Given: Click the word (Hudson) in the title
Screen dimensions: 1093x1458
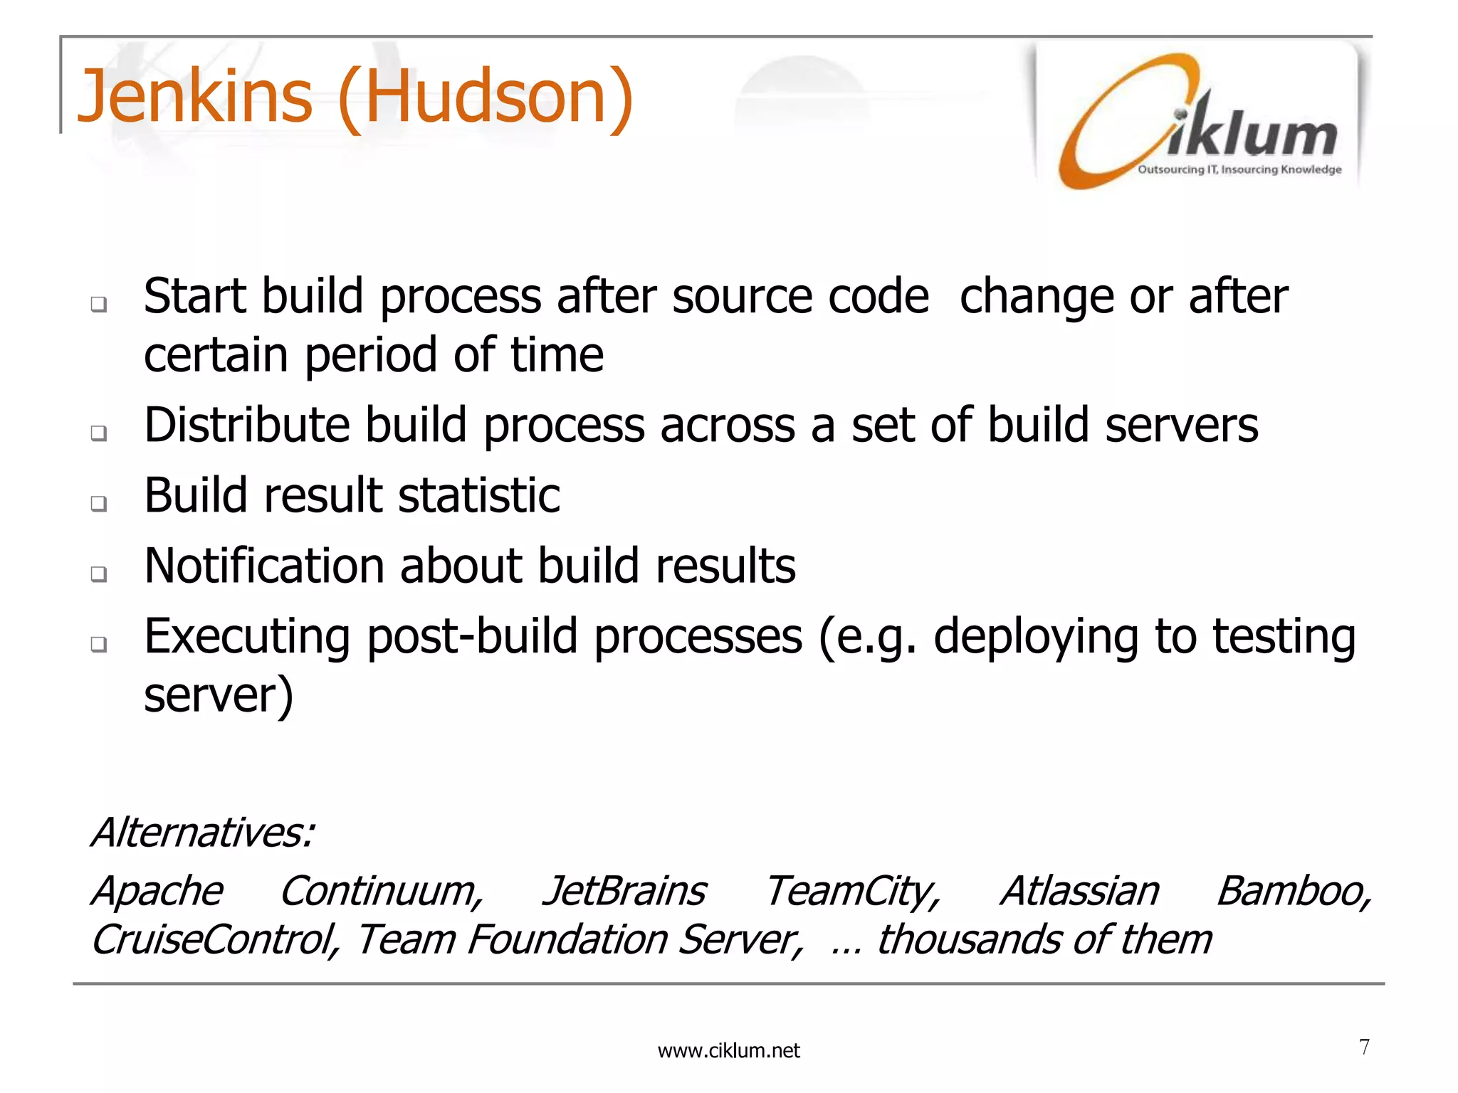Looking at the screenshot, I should tap(485, 97).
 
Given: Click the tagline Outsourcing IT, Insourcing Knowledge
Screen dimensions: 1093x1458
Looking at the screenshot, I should tap(1239, 169).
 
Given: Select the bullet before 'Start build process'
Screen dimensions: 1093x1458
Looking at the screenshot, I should tap(99, 305).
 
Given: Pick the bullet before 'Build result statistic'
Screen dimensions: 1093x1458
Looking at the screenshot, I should tap(99, 503).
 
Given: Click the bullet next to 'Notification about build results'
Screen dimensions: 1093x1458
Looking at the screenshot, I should tap(99, 574).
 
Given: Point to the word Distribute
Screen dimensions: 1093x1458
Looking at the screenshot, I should tap(246, 425).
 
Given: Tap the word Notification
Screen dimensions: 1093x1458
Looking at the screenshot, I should tap(263, 566).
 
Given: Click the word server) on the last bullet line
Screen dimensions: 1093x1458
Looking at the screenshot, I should tap(219, 695).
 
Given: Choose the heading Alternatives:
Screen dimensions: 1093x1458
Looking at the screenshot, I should tap(203, 832).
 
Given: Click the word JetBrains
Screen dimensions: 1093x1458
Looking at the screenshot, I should tap(624, 891).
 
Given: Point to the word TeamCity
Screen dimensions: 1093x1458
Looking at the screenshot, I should tap(852, 891).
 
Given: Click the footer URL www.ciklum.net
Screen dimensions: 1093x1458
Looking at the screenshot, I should tap(728, 1051).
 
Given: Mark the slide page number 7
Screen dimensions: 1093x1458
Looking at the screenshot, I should tap(1364, 1047).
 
